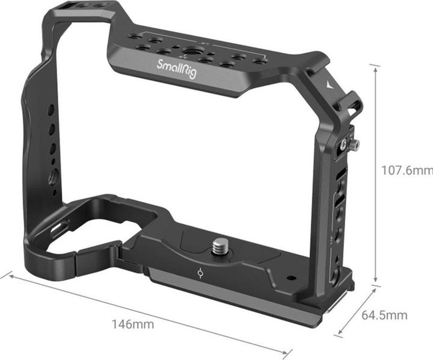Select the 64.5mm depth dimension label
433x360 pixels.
[385, 314]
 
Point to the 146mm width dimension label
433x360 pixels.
[132, 324]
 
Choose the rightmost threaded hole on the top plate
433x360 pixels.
[260, 61]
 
